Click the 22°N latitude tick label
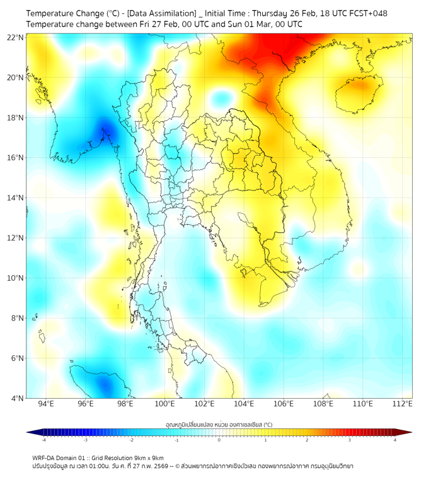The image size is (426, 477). (16, 37)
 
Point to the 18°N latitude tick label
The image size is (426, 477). (16, 117)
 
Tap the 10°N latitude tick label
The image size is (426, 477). (16, 278)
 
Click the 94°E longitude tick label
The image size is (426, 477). (46, 404)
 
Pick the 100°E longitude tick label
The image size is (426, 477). (164, 404)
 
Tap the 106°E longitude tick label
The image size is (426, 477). (284, 404)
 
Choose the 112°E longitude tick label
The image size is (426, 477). (403, 404)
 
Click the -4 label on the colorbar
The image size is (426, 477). (43, 440)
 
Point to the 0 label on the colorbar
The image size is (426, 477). (219, 440)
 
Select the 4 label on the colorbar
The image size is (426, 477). (395, 440)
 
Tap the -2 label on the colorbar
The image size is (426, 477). (131, 440)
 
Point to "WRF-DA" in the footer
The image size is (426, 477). (44, 457)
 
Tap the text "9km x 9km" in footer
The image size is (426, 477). (147, 457)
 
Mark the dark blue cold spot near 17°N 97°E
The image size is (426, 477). (106, 131)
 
